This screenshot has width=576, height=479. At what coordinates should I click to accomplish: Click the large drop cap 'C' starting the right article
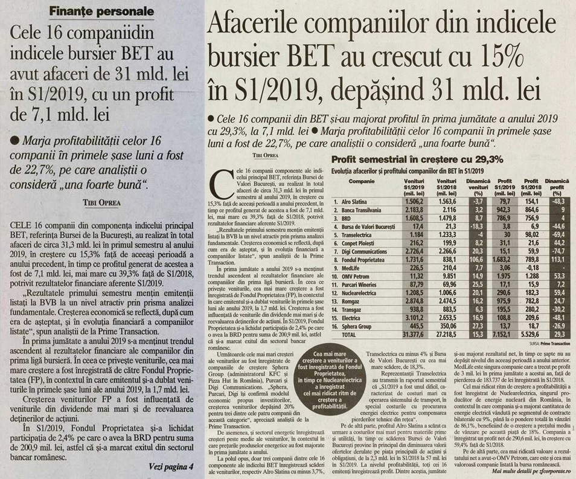click(220, 182)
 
